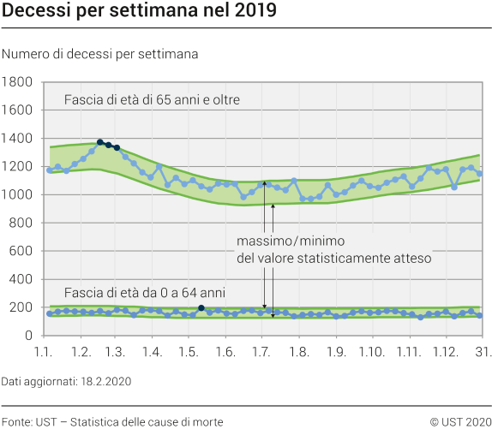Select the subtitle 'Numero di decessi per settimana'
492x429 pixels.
click(x=100, y=53)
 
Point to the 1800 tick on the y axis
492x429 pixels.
click(x=18, y=82)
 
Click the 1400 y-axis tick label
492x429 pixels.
click(x=18, y=139)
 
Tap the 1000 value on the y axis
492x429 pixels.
click(x=18, y=195)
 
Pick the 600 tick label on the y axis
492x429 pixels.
click(x=21, y=252)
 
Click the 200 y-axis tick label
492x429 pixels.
click(x=21, y=307)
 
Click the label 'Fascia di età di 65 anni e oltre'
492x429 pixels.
click(x=152, y=100)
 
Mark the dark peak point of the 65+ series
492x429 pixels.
click(x=100, y=142)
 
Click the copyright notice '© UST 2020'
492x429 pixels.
click(x=460, y=421)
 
